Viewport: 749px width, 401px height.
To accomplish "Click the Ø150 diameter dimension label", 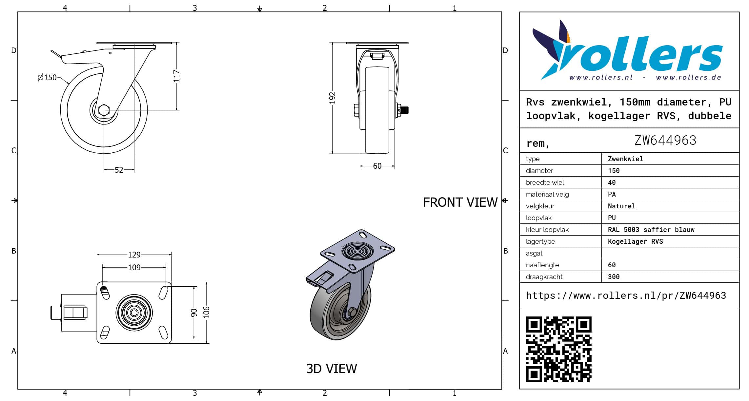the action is tap(47, 78).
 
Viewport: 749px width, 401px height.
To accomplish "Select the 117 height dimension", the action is tap(177, 76).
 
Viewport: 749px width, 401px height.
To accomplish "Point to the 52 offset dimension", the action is tap(119, 170).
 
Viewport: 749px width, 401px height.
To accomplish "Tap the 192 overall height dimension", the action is tap(333, 98).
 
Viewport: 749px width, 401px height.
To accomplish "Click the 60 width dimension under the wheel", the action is tap(377, 166).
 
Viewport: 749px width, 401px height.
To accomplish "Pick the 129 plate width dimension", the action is tap(134, 255).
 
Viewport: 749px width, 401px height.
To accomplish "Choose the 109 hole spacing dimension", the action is tap(134, 268).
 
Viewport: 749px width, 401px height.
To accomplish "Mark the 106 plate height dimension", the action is tap(206, 312).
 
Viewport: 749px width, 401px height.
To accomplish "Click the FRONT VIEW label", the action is tap(460, 202).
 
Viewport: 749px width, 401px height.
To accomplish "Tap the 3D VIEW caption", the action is tap(332, 369).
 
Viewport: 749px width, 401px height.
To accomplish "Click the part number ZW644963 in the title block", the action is tap(665, 141).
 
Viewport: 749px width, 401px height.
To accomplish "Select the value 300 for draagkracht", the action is tap(614, 277).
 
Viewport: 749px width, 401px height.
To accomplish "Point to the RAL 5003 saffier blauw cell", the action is tap(651, 230).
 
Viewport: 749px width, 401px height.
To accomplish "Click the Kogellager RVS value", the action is tap(635, 241).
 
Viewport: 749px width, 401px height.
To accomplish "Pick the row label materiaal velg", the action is tap(547, 194).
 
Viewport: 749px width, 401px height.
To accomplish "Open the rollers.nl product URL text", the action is tap(626, 296).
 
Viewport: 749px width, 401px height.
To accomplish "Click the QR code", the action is tap(559, 349).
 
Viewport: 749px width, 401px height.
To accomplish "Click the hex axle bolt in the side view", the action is tap(104, 110).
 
